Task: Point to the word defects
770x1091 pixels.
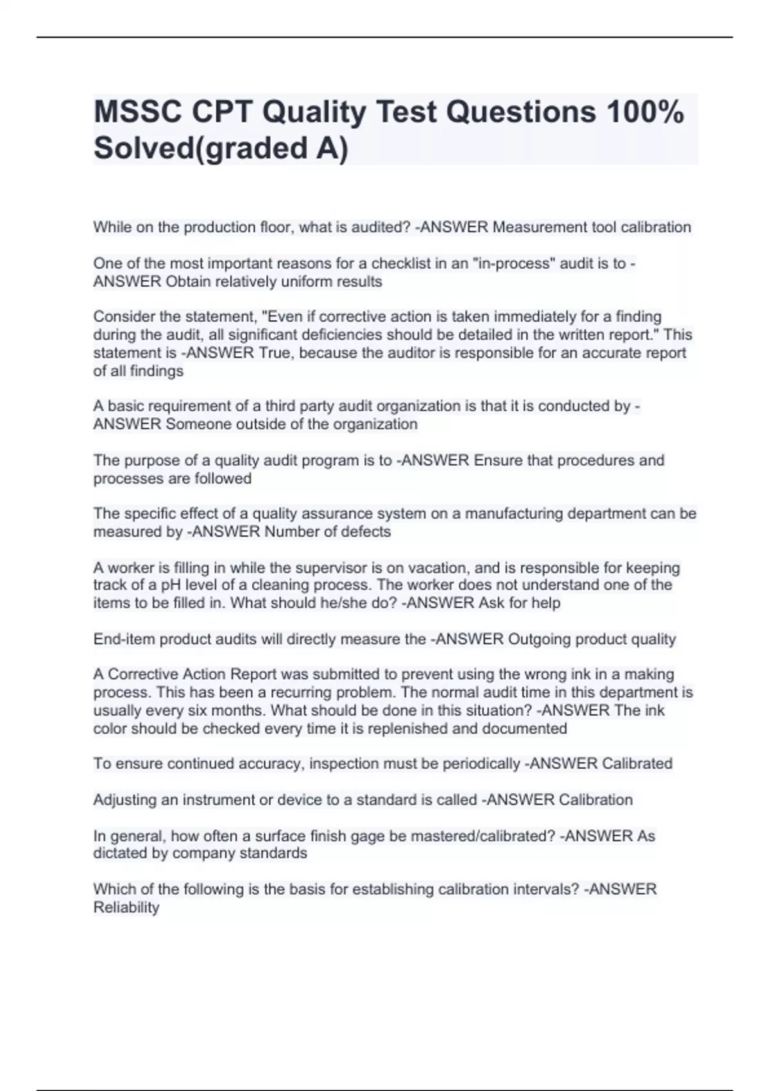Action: click(364, 532)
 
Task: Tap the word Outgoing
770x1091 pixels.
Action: click(540, 639)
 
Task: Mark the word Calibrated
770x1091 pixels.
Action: click(637, 764)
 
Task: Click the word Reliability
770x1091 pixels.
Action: click(126, 907)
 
